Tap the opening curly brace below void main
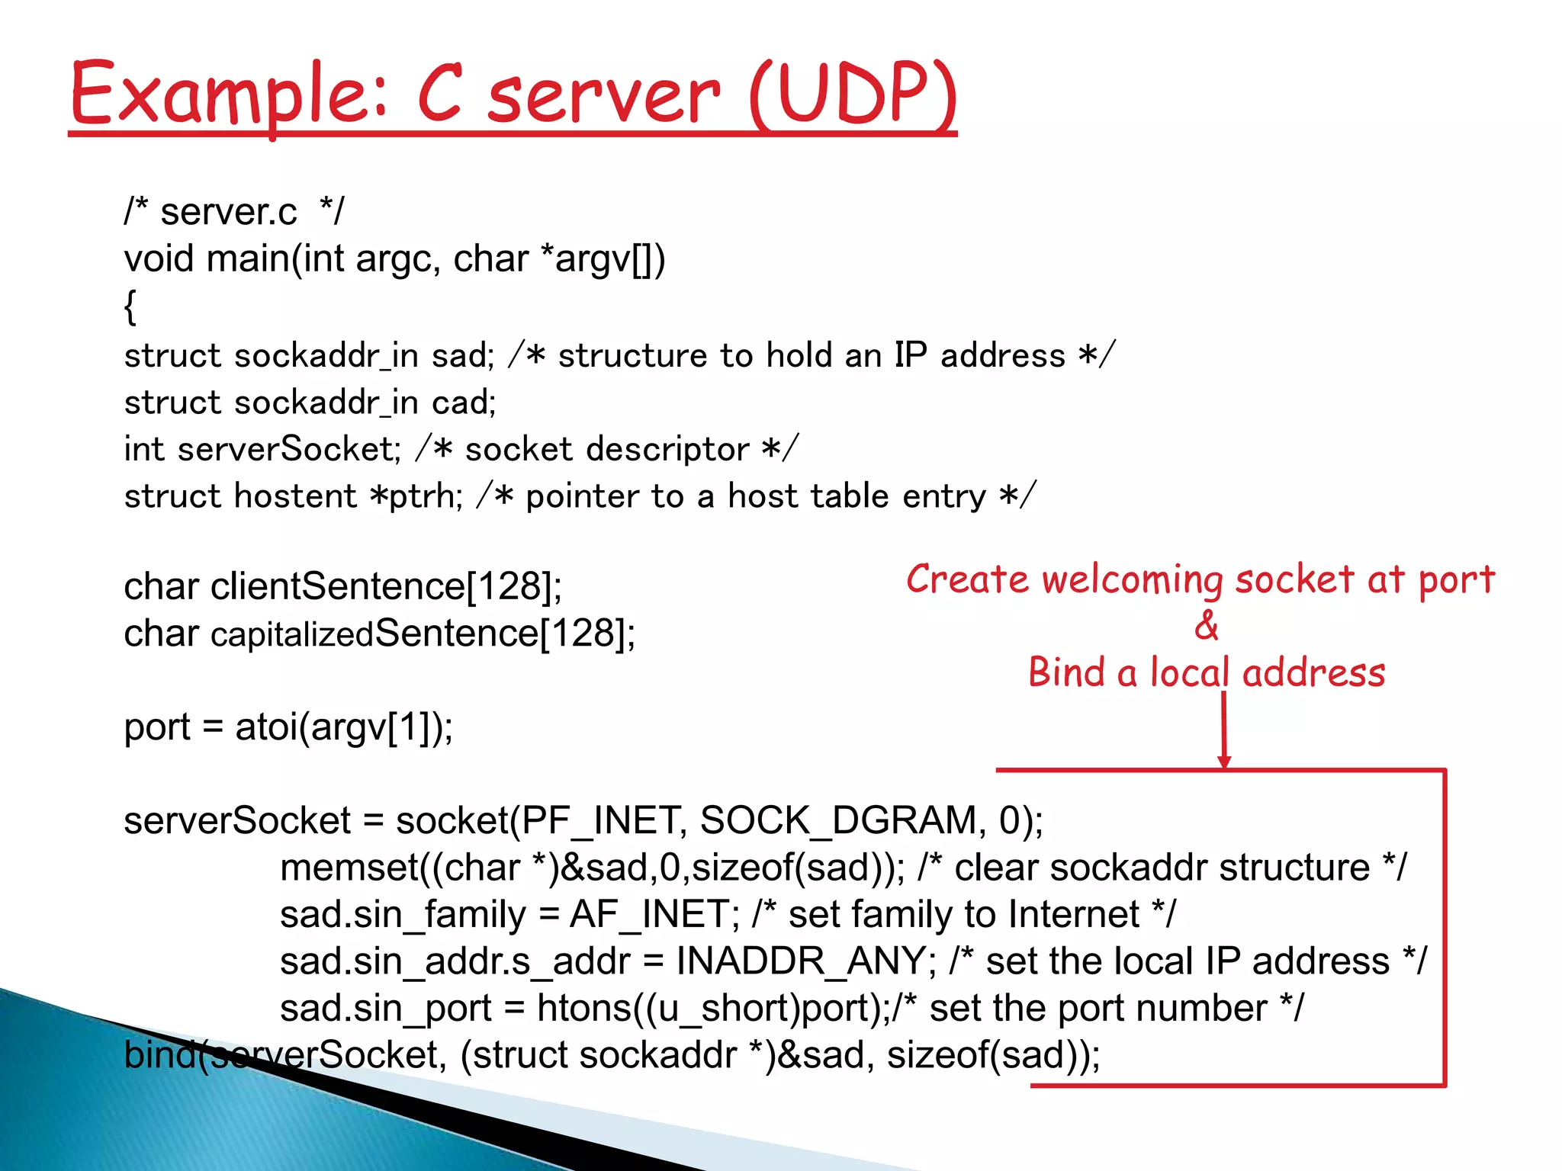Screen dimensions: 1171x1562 coord(130,307)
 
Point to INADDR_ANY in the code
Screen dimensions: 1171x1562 coord(801,961)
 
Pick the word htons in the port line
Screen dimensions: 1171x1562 coord(583,1009)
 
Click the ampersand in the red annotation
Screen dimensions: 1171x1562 coord(1207,625)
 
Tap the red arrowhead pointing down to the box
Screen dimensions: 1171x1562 coord(1224,761)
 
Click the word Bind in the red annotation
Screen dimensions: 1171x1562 coord(1066,672)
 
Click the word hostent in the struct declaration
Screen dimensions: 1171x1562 coord(295,496)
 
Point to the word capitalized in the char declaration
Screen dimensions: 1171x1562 coord(292,634)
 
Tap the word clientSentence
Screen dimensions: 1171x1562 coord(337,586)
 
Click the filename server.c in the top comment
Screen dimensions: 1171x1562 coord(228,212)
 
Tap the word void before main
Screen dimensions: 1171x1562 coord(158,259)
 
